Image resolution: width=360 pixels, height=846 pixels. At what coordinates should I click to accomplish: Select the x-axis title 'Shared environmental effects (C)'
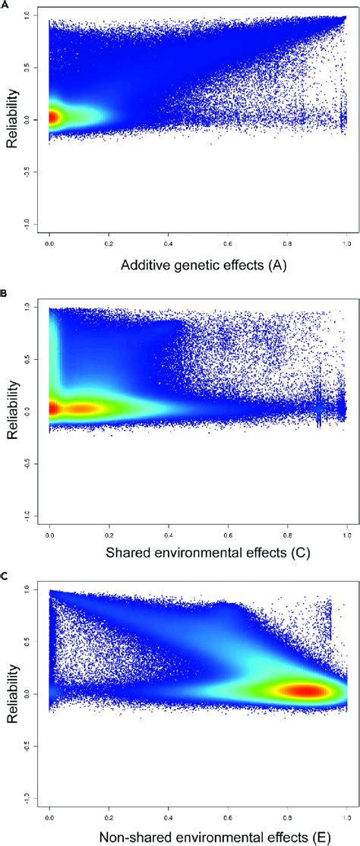coord(197,551)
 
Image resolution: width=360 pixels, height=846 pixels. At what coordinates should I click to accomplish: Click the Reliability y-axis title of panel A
coord(12,120)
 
